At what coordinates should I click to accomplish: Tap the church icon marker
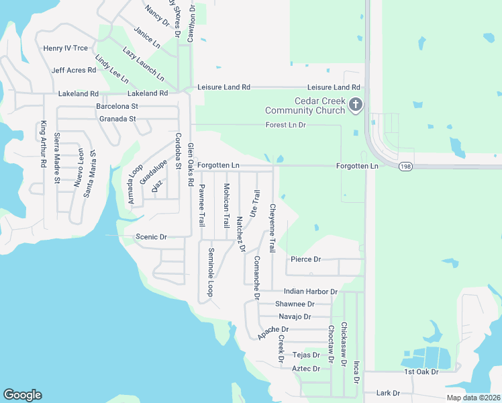point(356,105)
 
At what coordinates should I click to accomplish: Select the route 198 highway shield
point(405,167)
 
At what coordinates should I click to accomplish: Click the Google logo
point(22,395)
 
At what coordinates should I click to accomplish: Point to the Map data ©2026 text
point(472,398)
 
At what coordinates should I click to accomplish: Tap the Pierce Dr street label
point(306,259)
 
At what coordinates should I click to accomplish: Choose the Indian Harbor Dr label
point(310,292)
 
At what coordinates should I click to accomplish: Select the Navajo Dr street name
point(295,316)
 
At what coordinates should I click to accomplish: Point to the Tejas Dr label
point(306,355)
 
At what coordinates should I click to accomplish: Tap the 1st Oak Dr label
point(421,371)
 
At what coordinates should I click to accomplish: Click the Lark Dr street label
point(388,393)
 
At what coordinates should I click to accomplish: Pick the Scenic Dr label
point(151,237)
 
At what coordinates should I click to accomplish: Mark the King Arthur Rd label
point(44,144)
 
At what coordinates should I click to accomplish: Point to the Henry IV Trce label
point(65,48)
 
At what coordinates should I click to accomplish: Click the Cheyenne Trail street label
point(272,228)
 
